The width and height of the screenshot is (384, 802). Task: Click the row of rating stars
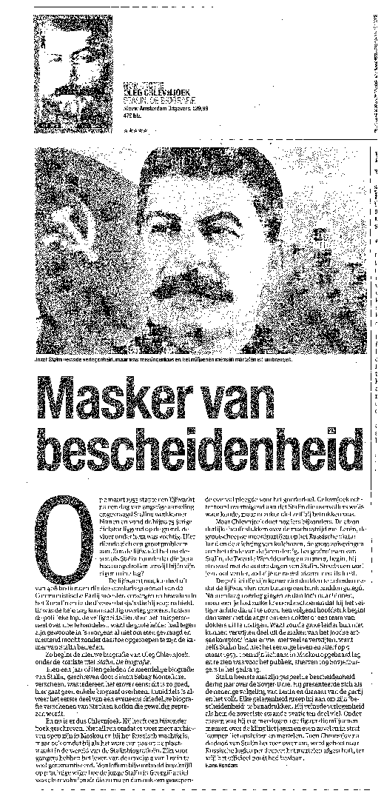click(135, 129)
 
